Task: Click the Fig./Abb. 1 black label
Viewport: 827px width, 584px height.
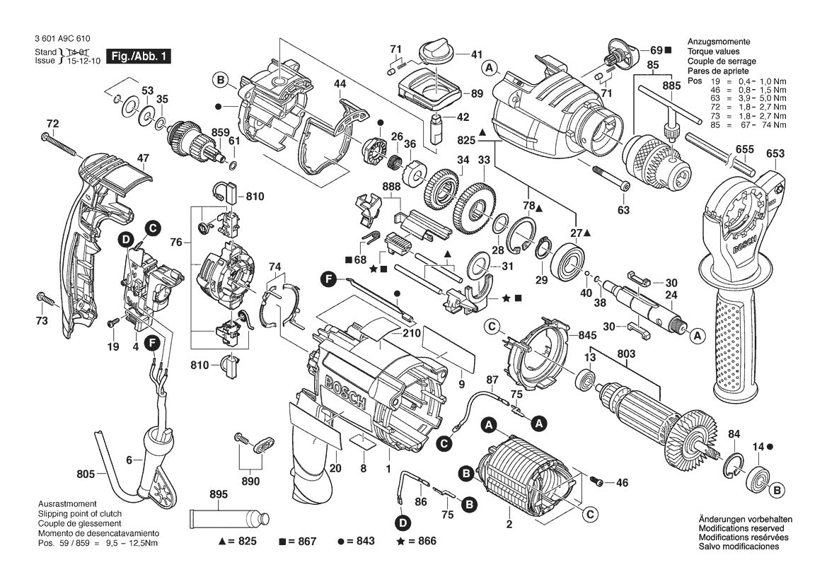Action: pyautogui.click(x=137, y=55)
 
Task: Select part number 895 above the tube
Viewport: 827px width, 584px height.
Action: pyautogui.click(x=219, y=495)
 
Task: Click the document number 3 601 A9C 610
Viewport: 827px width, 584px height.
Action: pyautogui.click(x=62, y=40)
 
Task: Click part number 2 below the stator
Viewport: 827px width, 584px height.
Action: pyautogui.click(x=509, y=525)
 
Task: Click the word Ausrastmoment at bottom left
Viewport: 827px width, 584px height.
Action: pyautogui.click(x=69, y=503)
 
